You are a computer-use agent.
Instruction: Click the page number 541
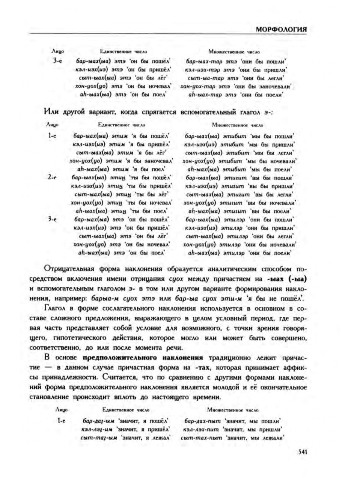(x=303, y=452)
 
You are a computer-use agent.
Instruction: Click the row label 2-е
(x=52, y=177)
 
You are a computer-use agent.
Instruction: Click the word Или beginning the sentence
(x=51, y=111)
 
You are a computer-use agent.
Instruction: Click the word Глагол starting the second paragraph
(x=56, y=308)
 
